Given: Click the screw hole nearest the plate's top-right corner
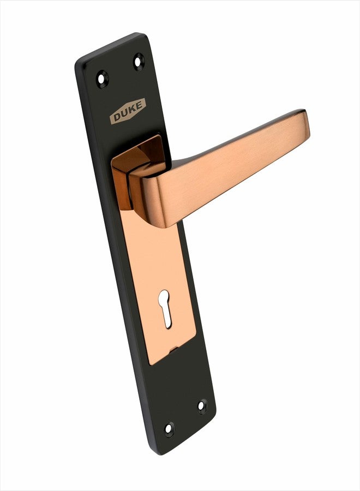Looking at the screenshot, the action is pos(139,62).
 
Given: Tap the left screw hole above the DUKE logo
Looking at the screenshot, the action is pos(102,79).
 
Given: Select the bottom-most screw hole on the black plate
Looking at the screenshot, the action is pos(169,429).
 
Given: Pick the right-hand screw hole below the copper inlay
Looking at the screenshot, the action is pos(202,406).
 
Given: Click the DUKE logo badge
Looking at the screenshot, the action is pos(128,111).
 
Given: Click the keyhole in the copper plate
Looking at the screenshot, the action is pos(165,308).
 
